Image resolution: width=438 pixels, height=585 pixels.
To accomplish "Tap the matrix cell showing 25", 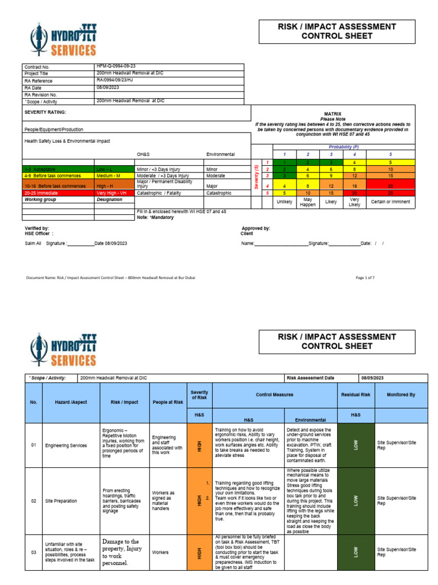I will [x=390, y=194].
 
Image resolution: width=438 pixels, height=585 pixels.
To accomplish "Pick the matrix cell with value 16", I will [x=354, y=186].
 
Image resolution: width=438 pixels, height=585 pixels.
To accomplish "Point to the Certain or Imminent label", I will [x=390, y=203].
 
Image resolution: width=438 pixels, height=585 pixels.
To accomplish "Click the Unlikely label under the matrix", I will [x=284, y=202].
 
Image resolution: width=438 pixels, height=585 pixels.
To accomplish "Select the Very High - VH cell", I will [x=113, y=193].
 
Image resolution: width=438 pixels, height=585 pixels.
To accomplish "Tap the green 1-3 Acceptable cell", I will [x=58, y=170].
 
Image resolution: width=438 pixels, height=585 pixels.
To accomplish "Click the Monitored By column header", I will [x=401, y=395].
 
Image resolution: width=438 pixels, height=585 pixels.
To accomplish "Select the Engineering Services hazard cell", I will [x=64, y=445].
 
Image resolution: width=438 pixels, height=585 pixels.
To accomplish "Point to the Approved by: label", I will [x=255, y=228].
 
